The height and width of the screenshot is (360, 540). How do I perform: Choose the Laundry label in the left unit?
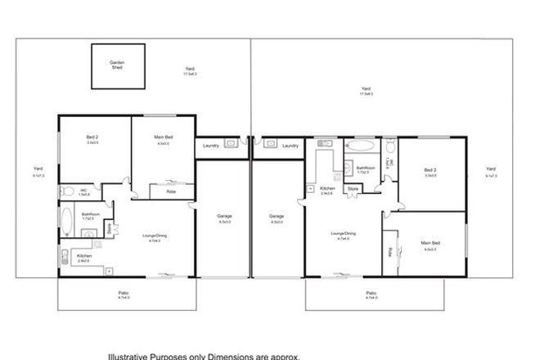tap(208, 146)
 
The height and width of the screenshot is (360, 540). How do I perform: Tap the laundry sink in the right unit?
tap(267, 142)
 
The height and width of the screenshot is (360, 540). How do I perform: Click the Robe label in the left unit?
tap(170, 191)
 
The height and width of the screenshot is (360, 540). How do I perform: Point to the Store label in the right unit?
tap(353, 189)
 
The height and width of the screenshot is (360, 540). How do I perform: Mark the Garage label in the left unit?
tap(225, 217)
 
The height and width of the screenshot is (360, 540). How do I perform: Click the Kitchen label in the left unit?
tap(83, 255)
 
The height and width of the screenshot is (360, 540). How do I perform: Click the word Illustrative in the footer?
tap(131, 356)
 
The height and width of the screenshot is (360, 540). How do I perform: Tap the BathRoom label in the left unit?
tap(88, 216)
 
